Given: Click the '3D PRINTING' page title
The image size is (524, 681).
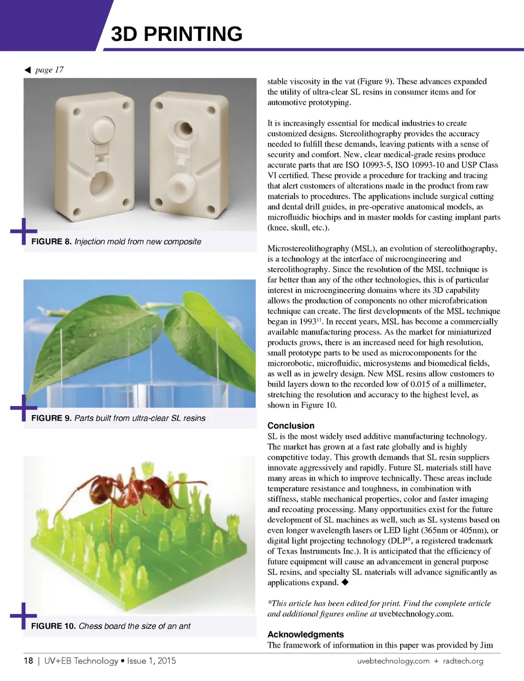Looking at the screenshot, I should coord(177,34).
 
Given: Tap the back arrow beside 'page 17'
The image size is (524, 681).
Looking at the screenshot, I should coord(28,70).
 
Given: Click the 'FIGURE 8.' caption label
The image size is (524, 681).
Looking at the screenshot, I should coord(51,241).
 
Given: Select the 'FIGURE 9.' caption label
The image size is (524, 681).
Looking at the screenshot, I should coord(51,418).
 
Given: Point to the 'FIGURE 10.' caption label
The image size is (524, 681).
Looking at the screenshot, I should coord(53,626).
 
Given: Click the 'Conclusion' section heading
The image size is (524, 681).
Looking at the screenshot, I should coord(291,425).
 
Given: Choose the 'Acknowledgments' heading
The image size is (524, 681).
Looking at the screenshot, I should coord(305,634).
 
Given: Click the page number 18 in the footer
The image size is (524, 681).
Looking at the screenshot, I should coord(28,661).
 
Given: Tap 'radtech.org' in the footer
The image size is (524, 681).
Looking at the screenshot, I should coord(463,661).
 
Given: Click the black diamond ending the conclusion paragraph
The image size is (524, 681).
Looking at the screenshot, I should coord(345,582).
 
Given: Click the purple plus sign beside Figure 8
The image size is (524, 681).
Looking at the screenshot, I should coord(23,232).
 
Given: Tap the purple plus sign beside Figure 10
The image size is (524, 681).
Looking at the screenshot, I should coord(23,615).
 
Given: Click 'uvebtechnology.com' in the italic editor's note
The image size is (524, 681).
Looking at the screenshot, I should coord(416,614).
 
